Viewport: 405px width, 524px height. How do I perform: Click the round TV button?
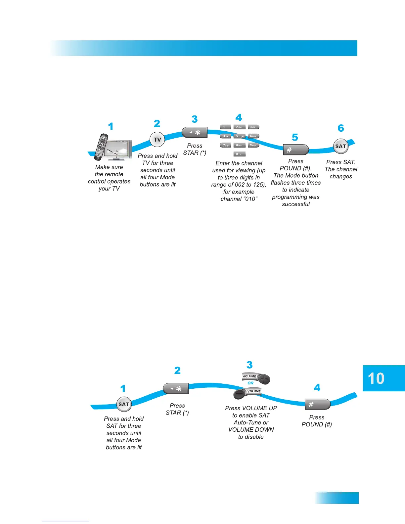pos(157,140)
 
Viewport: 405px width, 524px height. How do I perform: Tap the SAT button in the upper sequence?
pos(340,146)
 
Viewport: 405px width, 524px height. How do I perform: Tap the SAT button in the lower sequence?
pos(124,404)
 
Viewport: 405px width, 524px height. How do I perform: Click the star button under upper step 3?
pos(195,133)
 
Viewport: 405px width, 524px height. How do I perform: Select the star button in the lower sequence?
pos(176,389)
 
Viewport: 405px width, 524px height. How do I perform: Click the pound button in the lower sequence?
pos(317,404)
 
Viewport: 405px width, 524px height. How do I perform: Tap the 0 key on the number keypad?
pos(239,154)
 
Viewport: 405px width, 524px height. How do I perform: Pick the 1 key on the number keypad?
pos(225,127)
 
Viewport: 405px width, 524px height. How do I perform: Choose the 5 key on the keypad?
pos(239,136)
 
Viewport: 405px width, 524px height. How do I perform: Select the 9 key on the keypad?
pos(253,145)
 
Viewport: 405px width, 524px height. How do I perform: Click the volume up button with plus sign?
pos(264,379)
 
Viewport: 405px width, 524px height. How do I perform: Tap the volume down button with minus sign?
pos(240,394)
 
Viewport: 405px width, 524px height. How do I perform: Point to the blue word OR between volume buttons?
pos(250,383)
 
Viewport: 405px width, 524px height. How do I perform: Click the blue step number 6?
pos(341,128)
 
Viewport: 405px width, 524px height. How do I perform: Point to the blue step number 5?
pos(295,137)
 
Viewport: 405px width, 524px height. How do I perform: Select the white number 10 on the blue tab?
pos(376,378)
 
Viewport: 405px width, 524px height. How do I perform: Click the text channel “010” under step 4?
pos(239,199)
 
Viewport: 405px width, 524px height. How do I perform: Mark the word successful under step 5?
pos(296,204)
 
